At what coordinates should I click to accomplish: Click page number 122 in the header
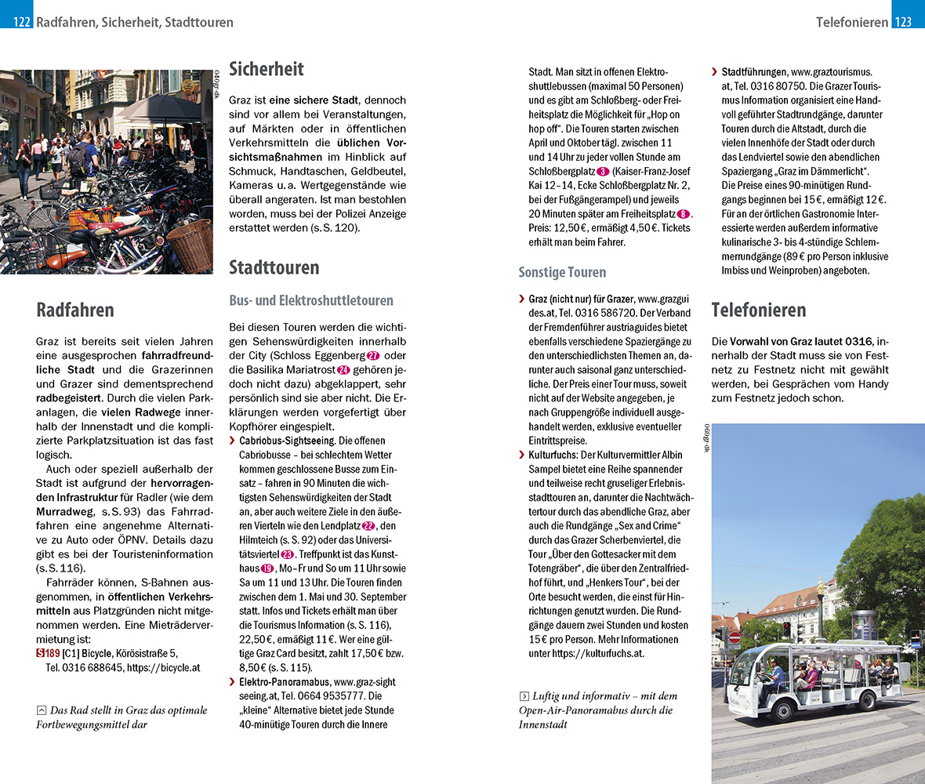point(22,22)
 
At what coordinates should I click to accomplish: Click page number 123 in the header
point(903,22)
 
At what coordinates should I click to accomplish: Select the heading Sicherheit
point(266,69)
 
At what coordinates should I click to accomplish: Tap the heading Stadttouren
point(274,267)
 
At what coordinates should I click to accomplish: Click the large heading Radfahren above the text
point(74,310)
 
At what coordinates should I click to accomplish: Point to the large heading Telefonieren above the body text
point(759,310)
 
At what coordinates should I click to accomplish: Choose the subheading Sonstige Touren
point(562,272)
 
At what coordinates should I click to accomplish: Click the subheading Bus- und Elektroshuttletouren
point(311,300)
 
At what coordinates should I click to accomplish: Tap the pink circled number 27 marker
point(373,356)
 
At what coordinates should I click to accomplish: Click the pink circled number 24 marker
point(343,370)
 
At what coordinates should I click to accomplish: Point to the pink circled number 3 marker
point(603,172)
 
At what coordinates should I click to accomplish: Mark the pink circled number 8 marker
point(684,214)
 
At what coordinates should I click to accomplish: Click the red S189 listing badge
point(48,653)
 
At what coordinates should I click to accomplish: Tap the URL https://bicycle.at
point(165,668)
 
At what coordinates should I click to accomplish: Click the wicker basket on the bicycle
point(190,246)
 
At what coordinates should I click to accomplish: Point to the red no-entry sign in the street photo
point(735,637)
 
